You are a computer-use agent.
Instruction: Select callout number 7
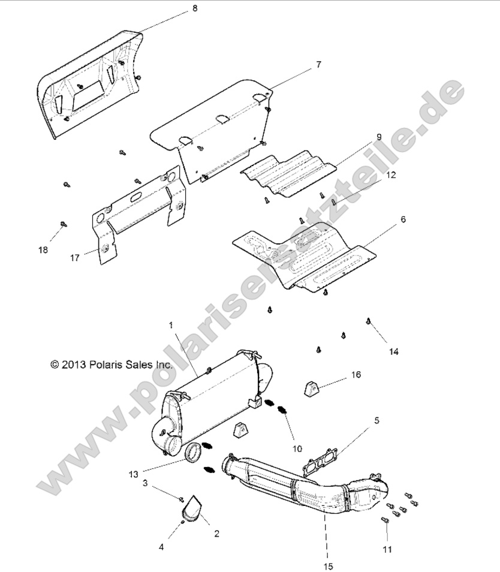(318, 64)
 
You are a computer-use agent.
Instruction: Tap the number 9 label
(379, 137)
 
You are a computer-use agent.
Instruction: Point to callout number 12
(391, 175)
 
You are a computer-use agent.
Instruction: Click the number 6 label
(403, 219)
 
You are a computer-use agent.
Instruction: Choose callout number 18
(43, 249)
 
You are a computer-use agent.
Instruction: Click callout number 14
(394, 351)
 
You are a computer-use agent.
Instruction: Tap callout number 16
(356, 375)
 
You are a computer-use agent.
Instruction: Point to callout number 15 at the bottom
(327, 565)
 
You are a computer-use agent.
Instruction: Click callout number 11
(387, 549)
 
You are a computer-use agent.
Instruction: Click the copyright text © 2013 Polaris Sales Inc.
(112, 364)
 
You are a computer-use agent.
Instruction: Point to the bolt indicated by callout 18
(62, 224)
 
